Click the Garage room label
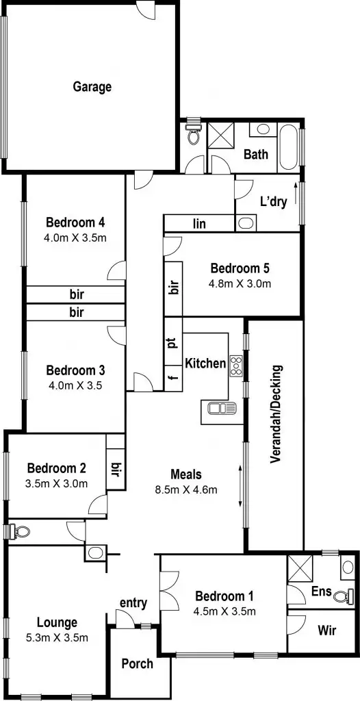pyautogui.click(x=92, y=87)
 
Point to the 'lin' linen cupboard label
pyautogui.click(x=200, y=224)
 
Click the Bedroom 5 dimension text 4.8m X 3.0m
pyautogui.click(x=240, y=282)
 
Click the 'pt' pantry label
pyautogui.click(x=172, y=342)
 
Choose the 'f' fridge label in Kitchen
pyautogui.click(x=172, y=376)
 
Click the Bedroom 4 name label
pyautogui.click(x=75, y=222)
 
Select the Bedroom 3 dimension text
pyautogui.click(x=75, y=385)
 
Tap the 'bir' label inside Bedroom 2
pyautogui.click(x=116, y=470)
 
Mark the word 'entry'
pyautogui.click(x=133, y=603)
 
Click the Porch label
pyautogui.click(x=137, y=663)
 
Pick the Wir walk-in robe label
pyautogui.click(x=326, y=630)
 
